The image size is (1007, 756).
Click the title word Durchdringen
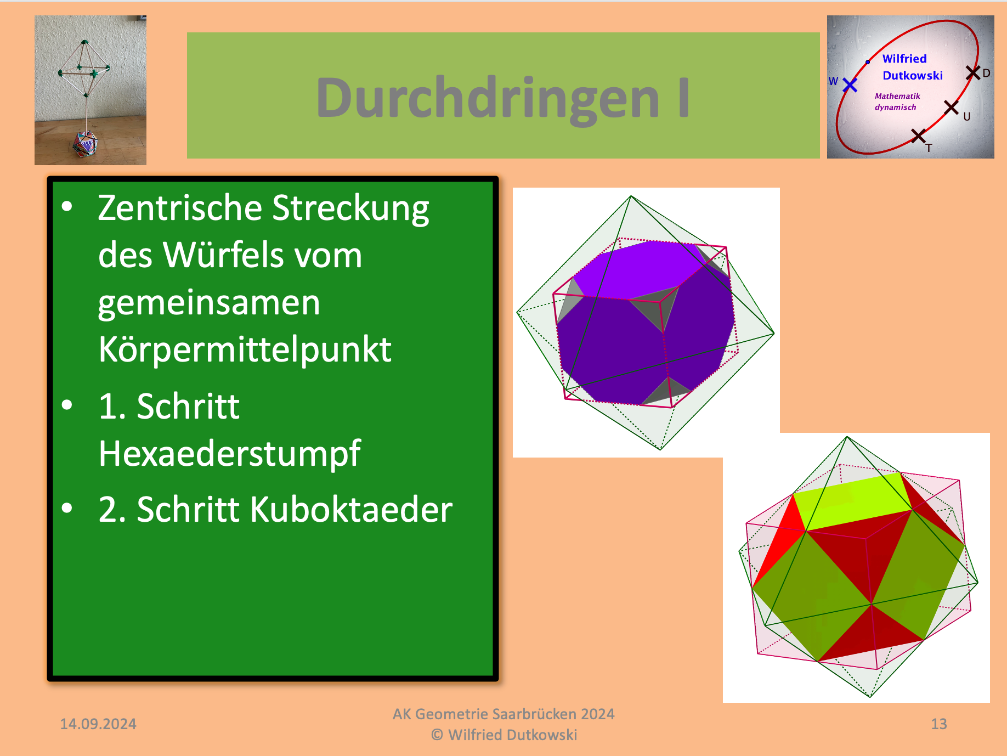pyautogui.click(x=488, y=98)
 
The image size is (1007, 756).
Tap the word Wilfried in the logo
pyautogui.click(x=904, y=59)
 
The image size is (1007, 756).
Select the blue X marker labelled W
pyautogui.click(x=850, y=84)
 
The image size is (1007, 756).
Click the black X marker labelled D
pyautogui.click(x=973, y=72)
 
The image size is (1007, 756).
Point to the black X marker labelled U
pyautogui.click(x=951, y=108)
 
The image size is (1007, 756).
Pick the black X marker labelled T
pyautogui.click(x=918, y=136)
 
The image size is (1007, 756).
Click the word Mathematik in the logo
pyautogui.click(x=897, y=96)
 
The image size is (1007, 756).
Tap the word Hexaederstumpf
pyautogui.click(x=229, y=454)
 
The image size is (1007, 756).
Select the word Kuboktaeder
pyautogui.click(x=351, y=510)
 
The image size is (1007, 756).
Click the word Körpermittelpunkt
pyautogui.click(x=245, y=349)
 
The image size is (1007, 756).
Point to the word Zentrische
pyautogui.click(x=180, y=208)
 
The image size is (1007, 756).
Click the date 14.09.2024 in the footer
pyautogui.click(x=98, y=724)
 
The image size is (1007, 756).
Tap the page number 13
pyautogui.click(x=939, y=724)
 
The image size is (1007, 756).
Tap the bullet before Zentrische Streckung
pyautogui.click(x=67, y=206)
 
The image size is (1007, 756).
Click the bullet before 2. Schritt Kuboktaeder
pyautogui.click(x=67, y=508)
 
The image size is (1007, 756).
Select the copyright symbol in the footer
pyautogui.click(x=437, y=735)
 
